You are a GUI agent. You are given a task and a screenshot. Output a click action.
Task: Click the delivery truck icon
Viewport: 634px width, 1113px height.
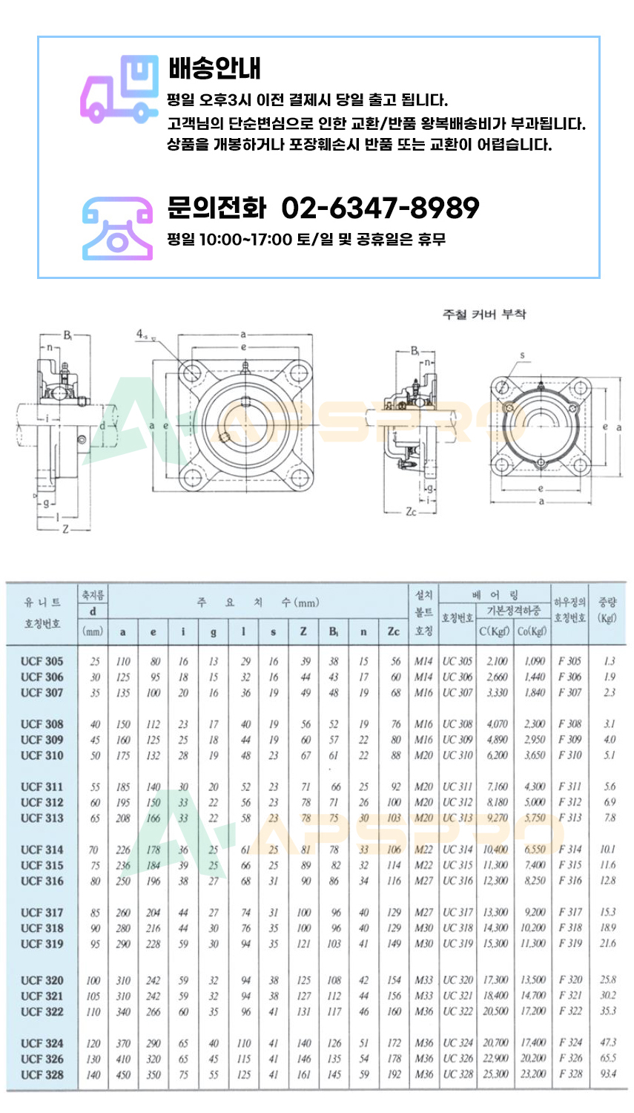point(119,88)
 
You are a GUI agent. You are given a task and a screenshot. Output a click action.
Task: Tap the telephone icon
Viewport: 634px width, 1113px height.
point(117,228)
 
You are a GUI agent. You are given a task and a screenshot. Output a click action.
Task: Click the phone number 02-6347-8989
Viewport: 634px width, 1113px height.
point(380,208)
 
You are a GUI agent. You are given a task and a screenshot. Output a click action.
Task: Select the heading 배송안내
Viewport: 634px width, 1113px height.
point(214,68)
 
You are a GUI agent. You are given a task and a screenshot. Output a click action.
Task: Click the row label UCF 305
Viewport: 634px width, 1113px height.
point(42,661)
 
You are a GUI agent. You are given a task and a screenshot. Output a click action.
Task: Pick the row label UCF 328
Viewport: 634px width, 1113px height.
point(42,1074)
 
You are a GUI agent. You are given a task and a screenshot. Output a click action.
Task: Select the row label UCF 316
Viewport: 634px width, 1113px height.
point(42,881)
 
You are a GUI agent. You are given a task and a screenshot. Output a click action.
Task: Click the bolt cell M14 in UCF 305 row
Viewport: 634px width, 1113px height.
point(423,661)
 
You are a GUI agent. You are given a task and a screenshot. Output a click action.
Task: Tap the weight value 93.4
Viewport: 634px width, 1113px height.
point(608,1074)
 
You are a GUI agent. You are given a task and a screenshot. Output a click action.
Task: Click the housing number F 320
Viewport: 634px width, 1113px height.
point(570,980)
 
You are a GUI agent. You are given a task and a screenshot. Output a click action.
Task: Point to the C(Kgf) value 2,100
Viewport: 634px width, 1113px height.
point(497,661)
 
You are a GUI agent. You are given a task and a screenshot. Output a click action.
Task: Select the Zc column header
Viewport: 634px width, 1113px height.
point(393,632)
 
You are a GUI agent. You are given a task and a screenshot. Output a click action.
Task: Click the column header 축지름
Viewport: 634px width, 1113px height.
point(93,596)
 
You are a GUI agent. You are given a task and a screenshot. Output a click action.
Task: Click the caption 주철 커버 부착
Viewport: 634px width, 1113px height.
point(484,314)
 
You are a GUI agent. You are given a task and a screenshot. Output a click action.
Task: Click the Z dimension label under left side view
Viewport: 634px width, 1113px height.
point(66,529)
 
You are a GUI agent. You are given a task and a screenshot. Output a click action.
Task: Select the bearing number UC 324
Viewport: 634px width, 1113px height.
point(458,1043)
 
